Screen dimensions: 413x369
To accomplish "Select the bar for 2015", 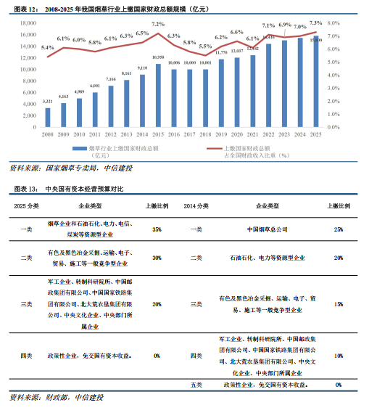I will pos(158,95).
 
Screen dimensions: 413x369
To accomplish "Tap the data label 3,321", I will pos(48,102).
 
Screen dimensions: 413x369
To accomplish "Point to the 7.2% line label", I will pos(158,24).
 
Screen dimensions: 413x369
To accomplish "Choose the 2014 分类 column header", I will pos(198,207).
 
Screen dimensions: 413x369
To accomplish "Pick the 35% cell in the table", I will pos(157,229).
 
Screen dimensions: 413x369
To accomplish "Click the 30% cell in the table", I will pos(157,257).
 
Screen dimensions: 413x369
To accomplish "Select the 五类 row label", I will pos(196,384).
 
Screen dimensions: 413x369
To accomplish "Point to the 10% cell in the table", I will pos(339,356).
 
